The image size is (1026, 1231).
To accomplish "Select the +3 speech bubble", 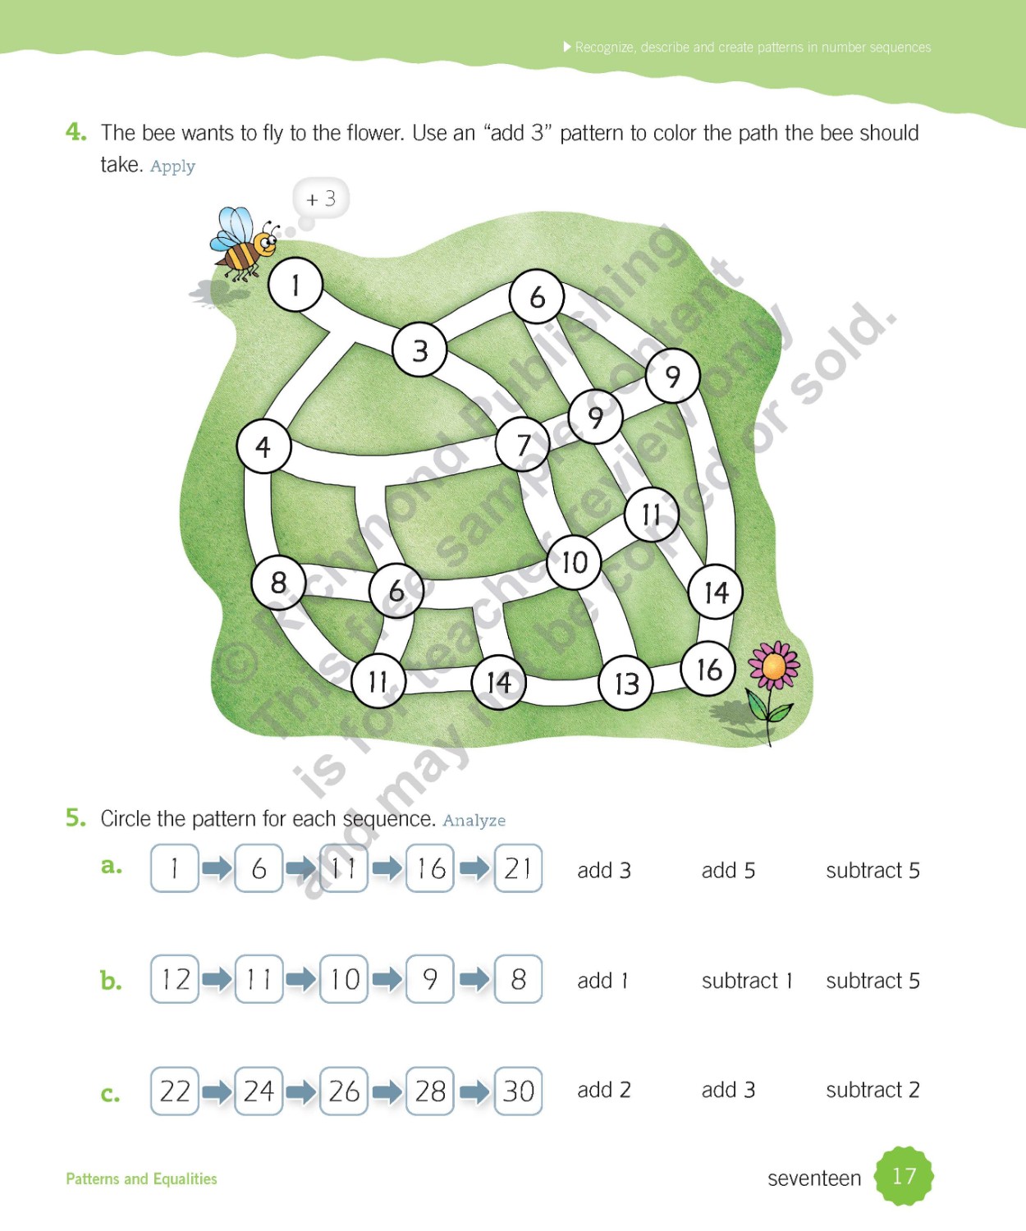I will (321, 199).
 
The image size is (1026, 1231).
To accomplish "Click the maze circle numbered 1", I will (295, 285).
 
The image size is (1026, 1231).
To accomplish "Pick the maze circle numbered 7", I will (523, 444).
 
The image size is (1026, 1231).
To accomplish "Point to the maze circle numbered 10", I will (575, 562).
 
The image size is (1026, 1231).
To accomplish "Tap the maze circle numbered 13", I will (626, 683).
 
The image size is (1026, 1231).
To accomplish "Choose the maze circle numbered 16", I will (708, 669).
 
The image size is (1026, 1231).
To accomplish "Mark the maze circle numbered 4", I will (263, 446).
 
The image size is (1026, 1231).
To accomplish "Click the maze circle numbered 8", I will (278, 582).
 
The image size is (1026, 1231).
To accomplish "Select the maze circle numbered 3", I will (419, 350).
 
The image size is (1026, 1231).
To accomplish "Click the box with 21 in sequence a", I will (518, 868).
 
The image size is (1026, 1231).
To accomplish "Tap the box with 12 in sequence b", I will (175, 979).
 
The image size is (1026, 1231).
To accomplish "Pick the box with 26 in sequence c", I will (344, 1091).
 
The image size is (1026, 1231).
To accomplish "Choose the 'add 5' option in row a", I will (728, 870).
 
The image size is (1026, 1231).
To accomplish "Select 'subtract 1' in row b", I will (747, 981).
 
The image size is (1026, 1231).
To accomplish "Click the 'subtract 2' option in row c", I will (873, 1090).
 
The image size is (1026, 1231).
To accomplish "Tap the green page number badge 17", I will (904, 1176).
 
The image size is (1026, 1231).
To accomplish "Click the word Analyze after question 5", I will (474, 820).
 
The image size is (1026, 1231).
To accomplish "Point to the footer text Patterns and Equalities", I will (141, 1178).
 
